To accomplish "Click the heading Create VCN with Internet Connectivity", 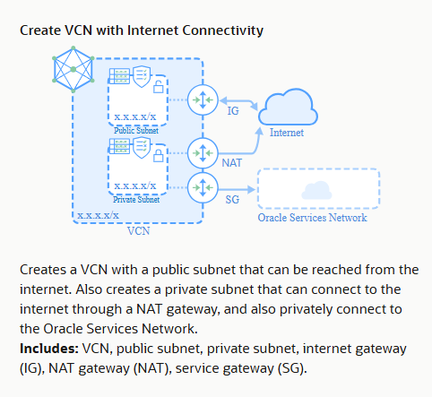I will click(141, 30).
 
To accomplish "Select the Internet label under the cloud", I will click(287, 133).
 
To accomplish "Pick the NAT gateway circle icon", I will click(204, 151).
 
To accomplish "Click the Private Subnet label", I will click(135, 201).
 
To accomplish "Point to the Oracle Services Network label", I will click(312, 218).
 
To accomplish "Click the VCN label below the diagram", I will click(138, 231).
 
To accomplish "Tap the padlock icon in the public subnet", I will click(159, 86).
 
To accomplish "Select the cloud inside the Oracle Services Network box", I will click(313, 189).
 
